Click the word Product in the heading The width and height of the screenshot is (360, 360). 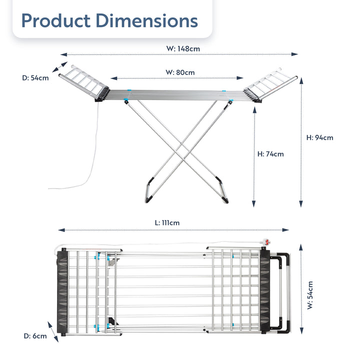click(54, 21)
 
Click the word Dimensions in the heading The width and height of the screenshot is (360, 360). click(145, 21)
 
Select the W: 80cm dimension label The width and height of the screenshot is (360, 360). click(180, 72)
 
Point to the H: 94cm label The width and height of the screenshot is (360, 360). click(319, 138)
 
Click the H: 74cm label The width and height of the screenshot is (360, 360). click(270, 154)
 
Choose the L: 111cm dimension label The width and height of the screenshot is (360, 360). click(167, 222)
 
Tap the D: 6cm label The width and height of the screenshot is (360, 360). click(35, 336)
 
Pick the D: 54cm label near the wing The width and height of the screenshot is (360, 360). click(35, 77)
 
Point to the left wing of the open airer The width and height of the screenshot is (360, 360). click(82, 82)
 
